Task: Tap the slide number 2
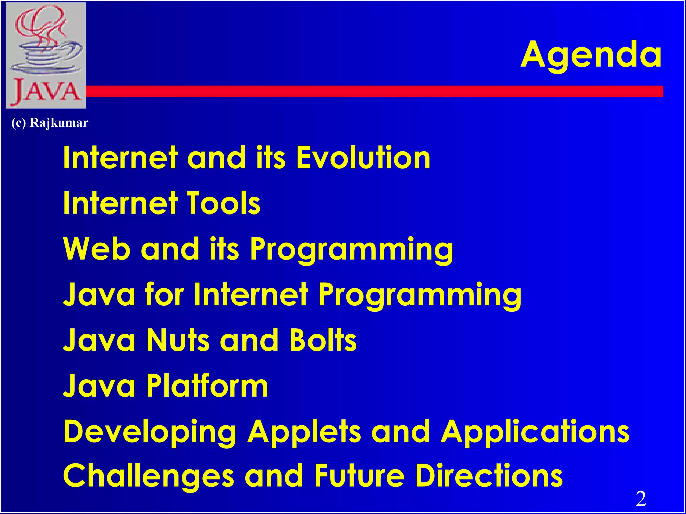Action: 641,499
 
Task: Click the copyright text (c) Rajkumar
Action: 50,123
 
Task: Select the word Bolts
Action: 323,340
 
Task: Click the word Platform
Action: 207,386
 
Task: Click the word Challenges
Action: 148,477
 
